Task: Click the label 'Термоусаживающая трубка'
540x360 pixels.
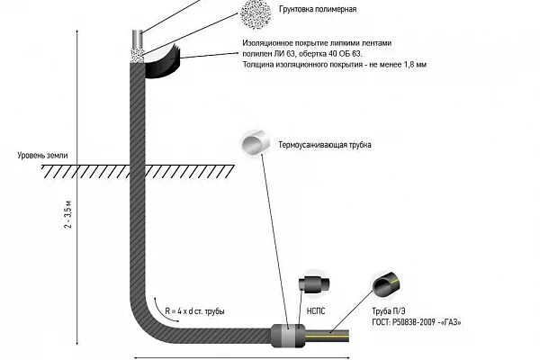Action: (325, 145)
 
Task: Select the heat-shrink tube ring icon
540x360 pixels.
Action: (253, 144)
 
